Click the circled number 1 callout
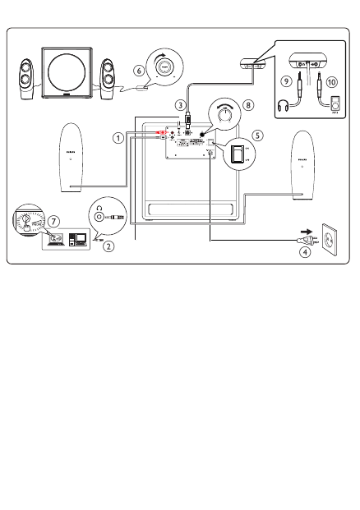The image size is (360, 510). (119, 138)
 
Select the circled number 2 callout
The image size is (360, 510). (108, 246)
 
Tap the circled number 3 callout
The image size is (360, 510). (179, 104)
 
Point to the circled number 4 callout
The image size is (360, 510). (306, 252)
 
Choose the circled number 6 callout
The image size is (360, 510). (140, 71)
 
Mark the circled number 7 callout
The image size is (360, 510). (53, 222)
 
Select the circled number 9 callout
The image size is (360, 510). (285, 81)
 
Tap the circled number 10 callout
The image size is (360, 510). (331, 81)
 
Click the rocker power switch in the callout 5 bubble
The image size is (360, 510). (238, 154)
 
